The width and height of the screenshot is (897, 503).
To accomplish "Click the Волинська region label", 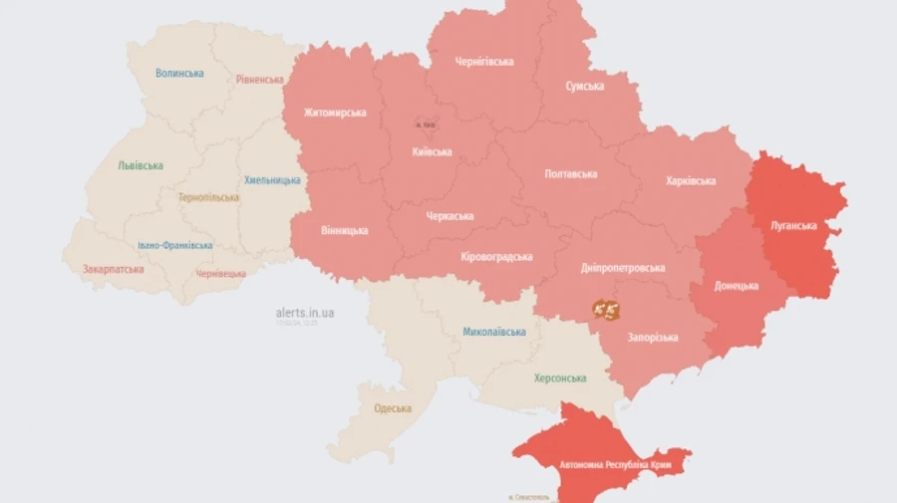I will click(179, 73).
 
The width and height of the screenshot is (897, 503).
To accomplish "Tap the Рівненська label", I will click(259, 79).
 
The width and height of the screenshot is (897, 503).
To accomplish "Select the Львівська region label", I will click(140, 165).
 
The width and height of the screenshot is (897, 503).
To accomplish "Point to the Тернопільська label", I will click(208, 197).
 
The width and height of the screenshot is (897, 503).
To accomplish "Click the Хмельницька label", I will click(272, 180).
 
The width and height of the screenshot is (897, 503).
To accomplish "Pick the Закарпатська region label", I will click(113, 269).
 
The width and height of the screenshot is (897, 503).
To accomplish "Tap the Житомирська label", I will click(335, 113).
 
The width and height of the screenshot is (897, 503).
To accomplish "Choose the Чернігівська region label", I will click(484, 62).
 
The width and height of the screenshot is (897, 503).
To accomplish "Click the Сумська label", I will click(584, 86).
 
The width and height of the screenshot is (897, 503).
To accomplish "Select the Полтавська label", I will click(571, 173).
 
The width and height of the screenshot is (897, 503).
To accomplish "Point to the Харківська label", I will click(691, 181).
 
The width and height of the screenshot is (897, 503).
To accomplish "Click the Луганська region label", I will click(793, 226).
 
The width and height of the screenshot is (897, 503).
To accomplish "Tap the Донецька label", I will click(736, 286).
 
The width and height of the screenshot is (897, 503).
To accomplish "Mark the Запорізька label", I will click(653, 338).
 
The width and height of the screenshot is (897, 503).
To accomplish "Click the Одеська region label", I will click(393, 408).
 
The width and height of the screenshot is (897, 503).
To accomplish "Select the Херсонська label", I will click(559, 378).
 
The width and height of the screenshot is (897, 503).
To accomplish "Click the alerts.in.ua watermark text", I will click(305, 313).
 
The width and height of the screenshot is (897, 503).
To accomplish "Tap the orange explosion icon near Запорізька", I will click(606, 311).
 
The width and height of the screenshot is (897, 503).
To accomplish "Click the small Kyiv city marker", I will click(425, 125).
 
